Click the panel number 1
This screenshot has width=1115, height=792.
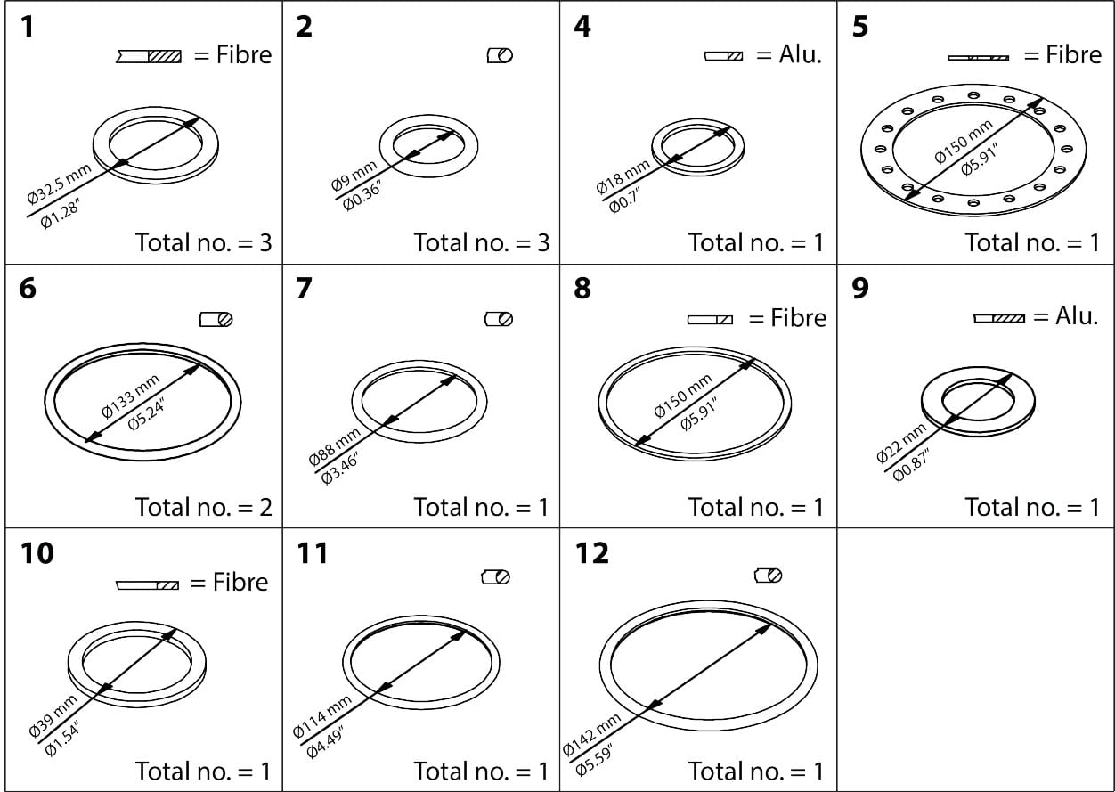point(28,27)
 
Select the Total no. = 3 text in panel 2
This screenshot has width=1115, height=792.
point(481,242)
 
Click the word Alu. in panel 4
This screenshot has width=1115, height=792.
point(800,54)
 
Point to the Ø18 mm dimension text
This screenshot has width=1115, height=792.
point(623,177)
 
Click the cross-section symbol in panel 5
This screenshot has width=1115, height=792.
point(978,57)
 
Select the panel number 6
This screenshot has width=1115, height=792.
point(28,290)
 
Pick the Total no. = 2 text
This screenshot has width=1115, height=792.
point(203,507)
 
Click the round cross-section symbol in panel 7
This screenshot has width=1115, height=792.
point(499,319)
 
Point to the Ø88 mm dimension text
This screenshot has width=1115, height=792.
point(335,447)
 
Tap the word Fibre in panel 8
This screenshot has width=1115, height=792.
point(798,318)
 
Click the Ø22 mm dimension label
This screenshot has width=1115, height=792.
point(901,443)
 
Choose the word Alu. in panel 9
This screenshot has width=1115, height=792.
point(1076,316)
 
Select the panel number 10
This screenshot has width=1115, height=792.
point(37,553)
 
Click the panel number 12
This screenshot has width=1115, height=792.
point(592,553)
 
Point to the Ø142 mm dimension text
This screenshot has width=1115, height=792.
point(592,736)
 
